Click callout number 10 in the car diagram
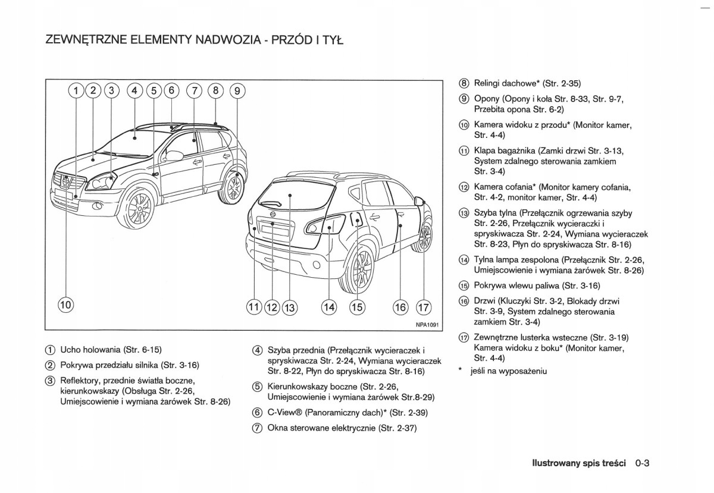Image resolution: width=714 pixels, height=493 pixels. (65, 306)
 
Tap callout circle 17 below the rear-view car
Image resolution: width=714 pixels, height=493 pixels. (423, 307)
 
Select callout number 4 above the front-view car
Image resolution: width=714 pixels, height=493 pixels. (135, 91)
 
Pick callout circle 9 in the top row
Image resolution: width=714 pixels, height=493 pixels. (237, 91)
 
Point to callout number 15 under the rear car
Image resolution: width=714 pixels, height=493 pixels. (357, 307)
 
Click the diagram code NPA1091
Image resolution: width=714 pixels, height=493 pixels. (427, 324)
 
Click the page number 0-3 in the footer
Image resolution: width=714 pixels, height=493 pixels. (645, 461)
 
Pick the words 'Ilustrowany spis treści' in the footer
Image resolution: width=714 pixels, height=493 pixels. (571, 462)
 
